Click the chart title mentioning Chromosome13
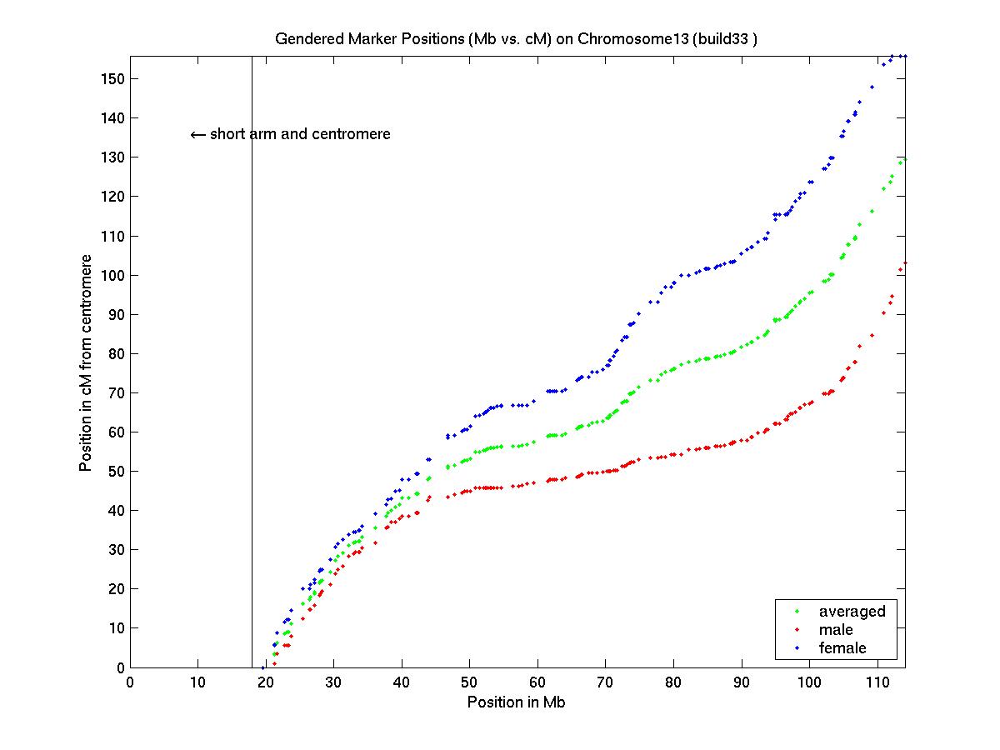[x=516, y=40]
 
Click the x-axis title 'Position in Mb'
[x=516, y=702]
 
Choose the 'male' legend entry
[x=836, y=630]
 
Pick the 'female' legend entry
[x=842, y=648]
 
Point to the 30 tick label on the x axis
[x=333, y=682]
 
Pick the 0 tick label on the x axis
[x=130, y=682]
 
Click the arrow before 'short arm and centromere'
[x=197, y=134]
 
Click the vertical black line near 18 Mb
[x=252, y=375]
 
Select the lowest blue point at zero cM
[x=262, y=667]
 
